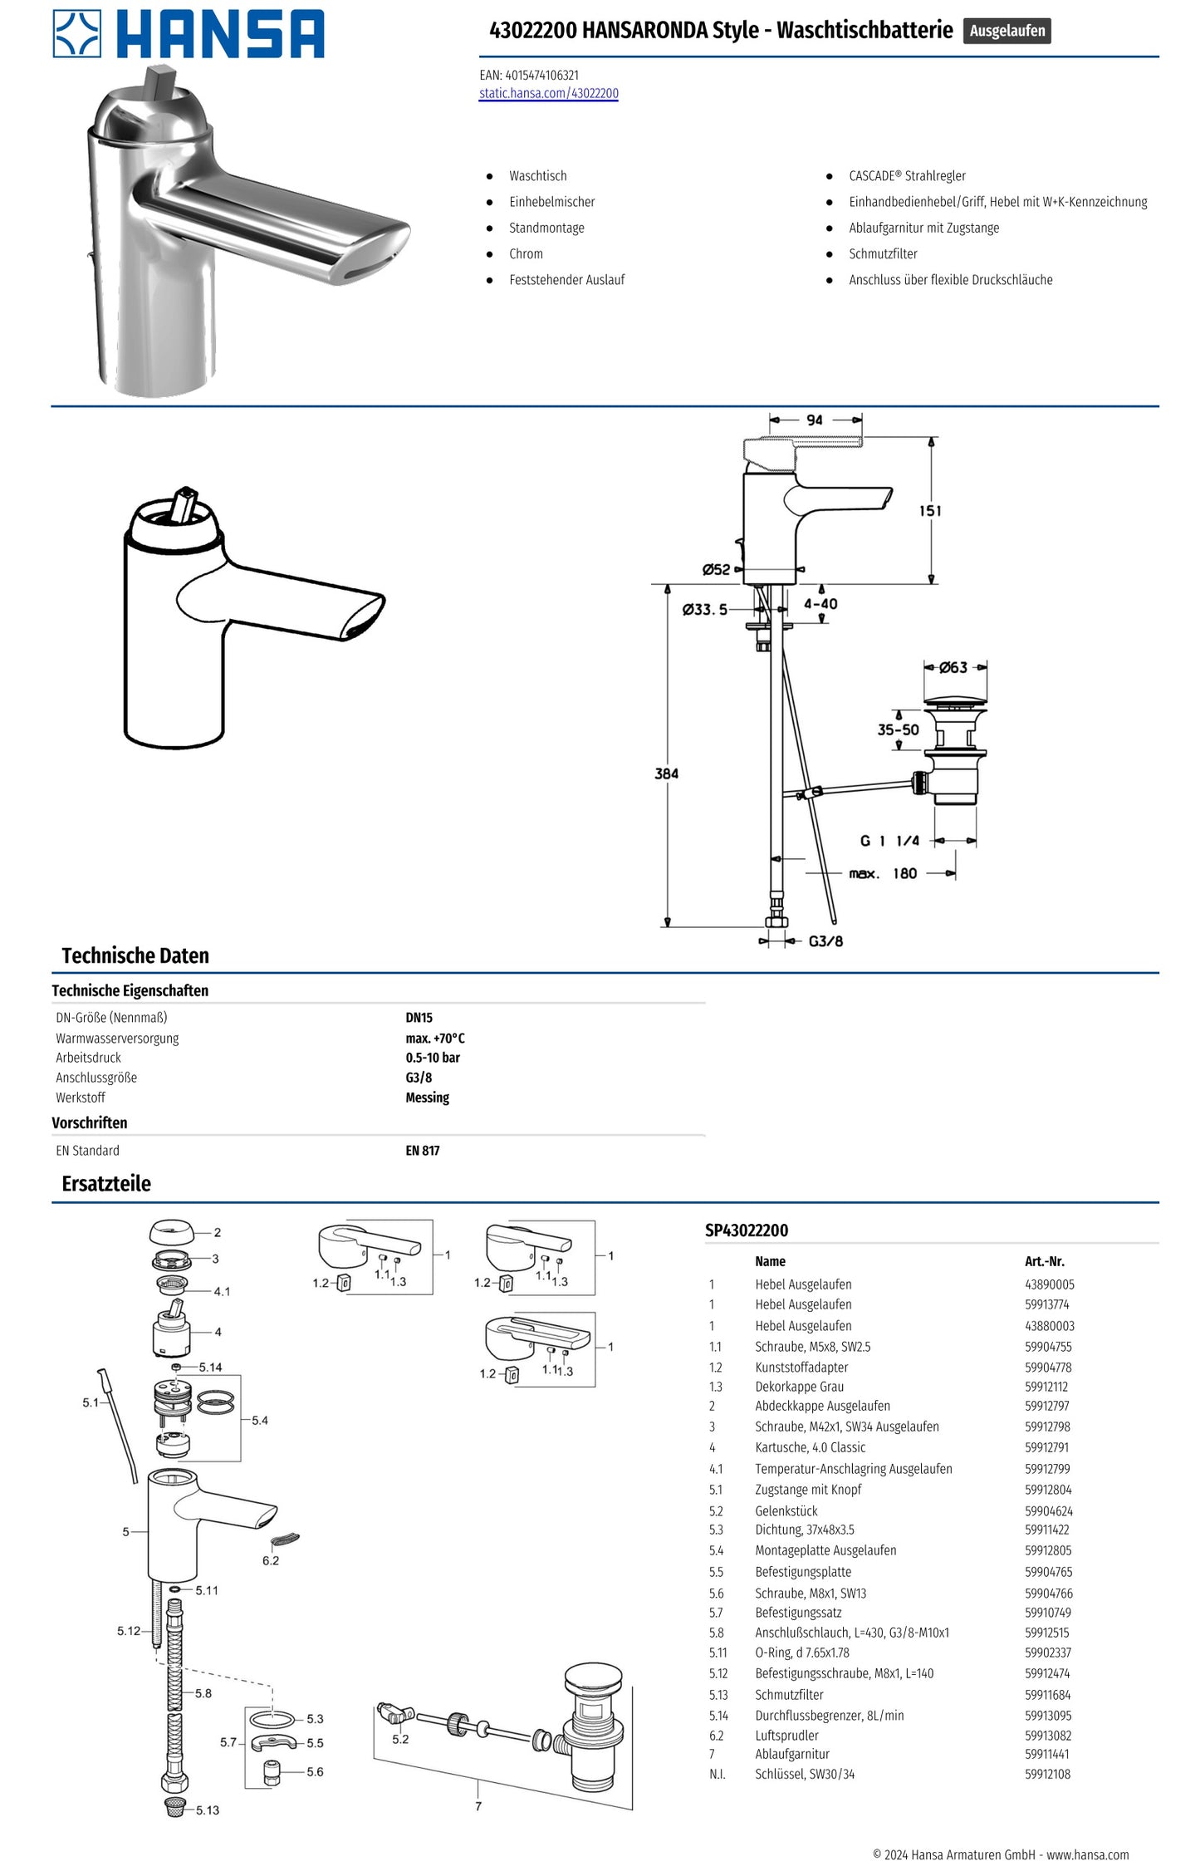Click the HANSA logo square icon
pos(76,34)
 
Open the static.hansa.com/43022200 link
pos(548,93)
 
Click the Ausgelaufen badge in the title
pos(1007,31)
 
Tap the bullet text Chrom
pos(526,253)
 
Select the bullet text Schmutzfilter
pos(882,253)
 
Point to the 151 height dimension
pos(930,511)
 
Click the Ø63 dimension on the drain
pos(953,667)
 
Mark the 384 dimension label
pos(666,773)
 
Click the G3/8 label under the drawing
pos(825,940)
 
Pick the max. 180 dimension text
pos(883,873)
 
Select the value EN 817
pos(422,1150)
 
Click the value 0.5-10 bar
pos(432,1058)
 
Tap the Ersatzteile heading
pos(106,1183)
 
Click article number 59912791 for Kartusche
pos(1046,1446)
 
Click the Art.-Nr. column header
pos(1044,1260)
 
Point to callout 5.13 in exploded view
pos(208,1810)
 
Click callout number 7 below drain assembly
pos(478,1805)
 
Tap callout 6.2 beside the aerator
pos(271,1560)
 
